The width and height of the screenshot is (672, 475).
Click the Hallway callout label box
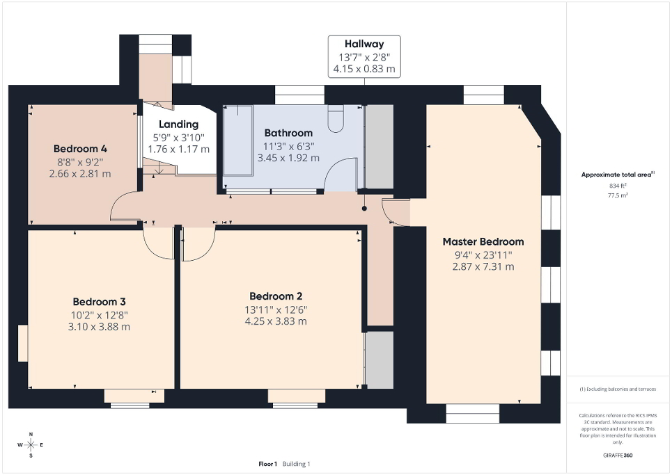coord(365,56)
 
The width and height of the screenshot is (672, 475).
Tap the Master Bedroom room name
coord(483,242)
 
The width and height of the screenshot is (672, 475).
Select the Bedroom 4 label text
coord(80,149)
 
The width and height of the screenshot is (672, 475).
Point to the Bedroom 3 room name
coord(100,302)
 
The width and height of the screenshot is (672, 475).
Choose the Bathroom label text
coord(288,133)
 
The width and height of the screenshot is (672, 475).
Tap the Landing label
coord(178,124)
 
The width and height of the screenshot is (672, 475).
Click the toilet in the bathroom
coord(336,119)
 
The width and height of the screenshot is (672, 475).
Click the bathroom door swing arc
coord(340,174)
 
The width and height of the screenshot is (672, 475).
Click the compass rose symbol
coord(31,444)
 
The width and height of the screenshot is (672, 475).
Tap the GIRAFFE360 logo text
coord(618,456)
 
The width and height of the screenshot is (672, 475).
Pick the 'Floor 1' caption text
coord(268,464)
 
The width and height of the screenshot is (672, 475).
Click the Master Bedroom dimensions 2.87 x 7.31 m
coord(483,266)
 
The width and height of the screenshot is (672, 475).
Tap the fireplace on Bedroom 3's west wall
coord(23,343)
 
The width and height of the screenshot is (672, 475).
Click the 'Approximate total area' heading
coord(618,175)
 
